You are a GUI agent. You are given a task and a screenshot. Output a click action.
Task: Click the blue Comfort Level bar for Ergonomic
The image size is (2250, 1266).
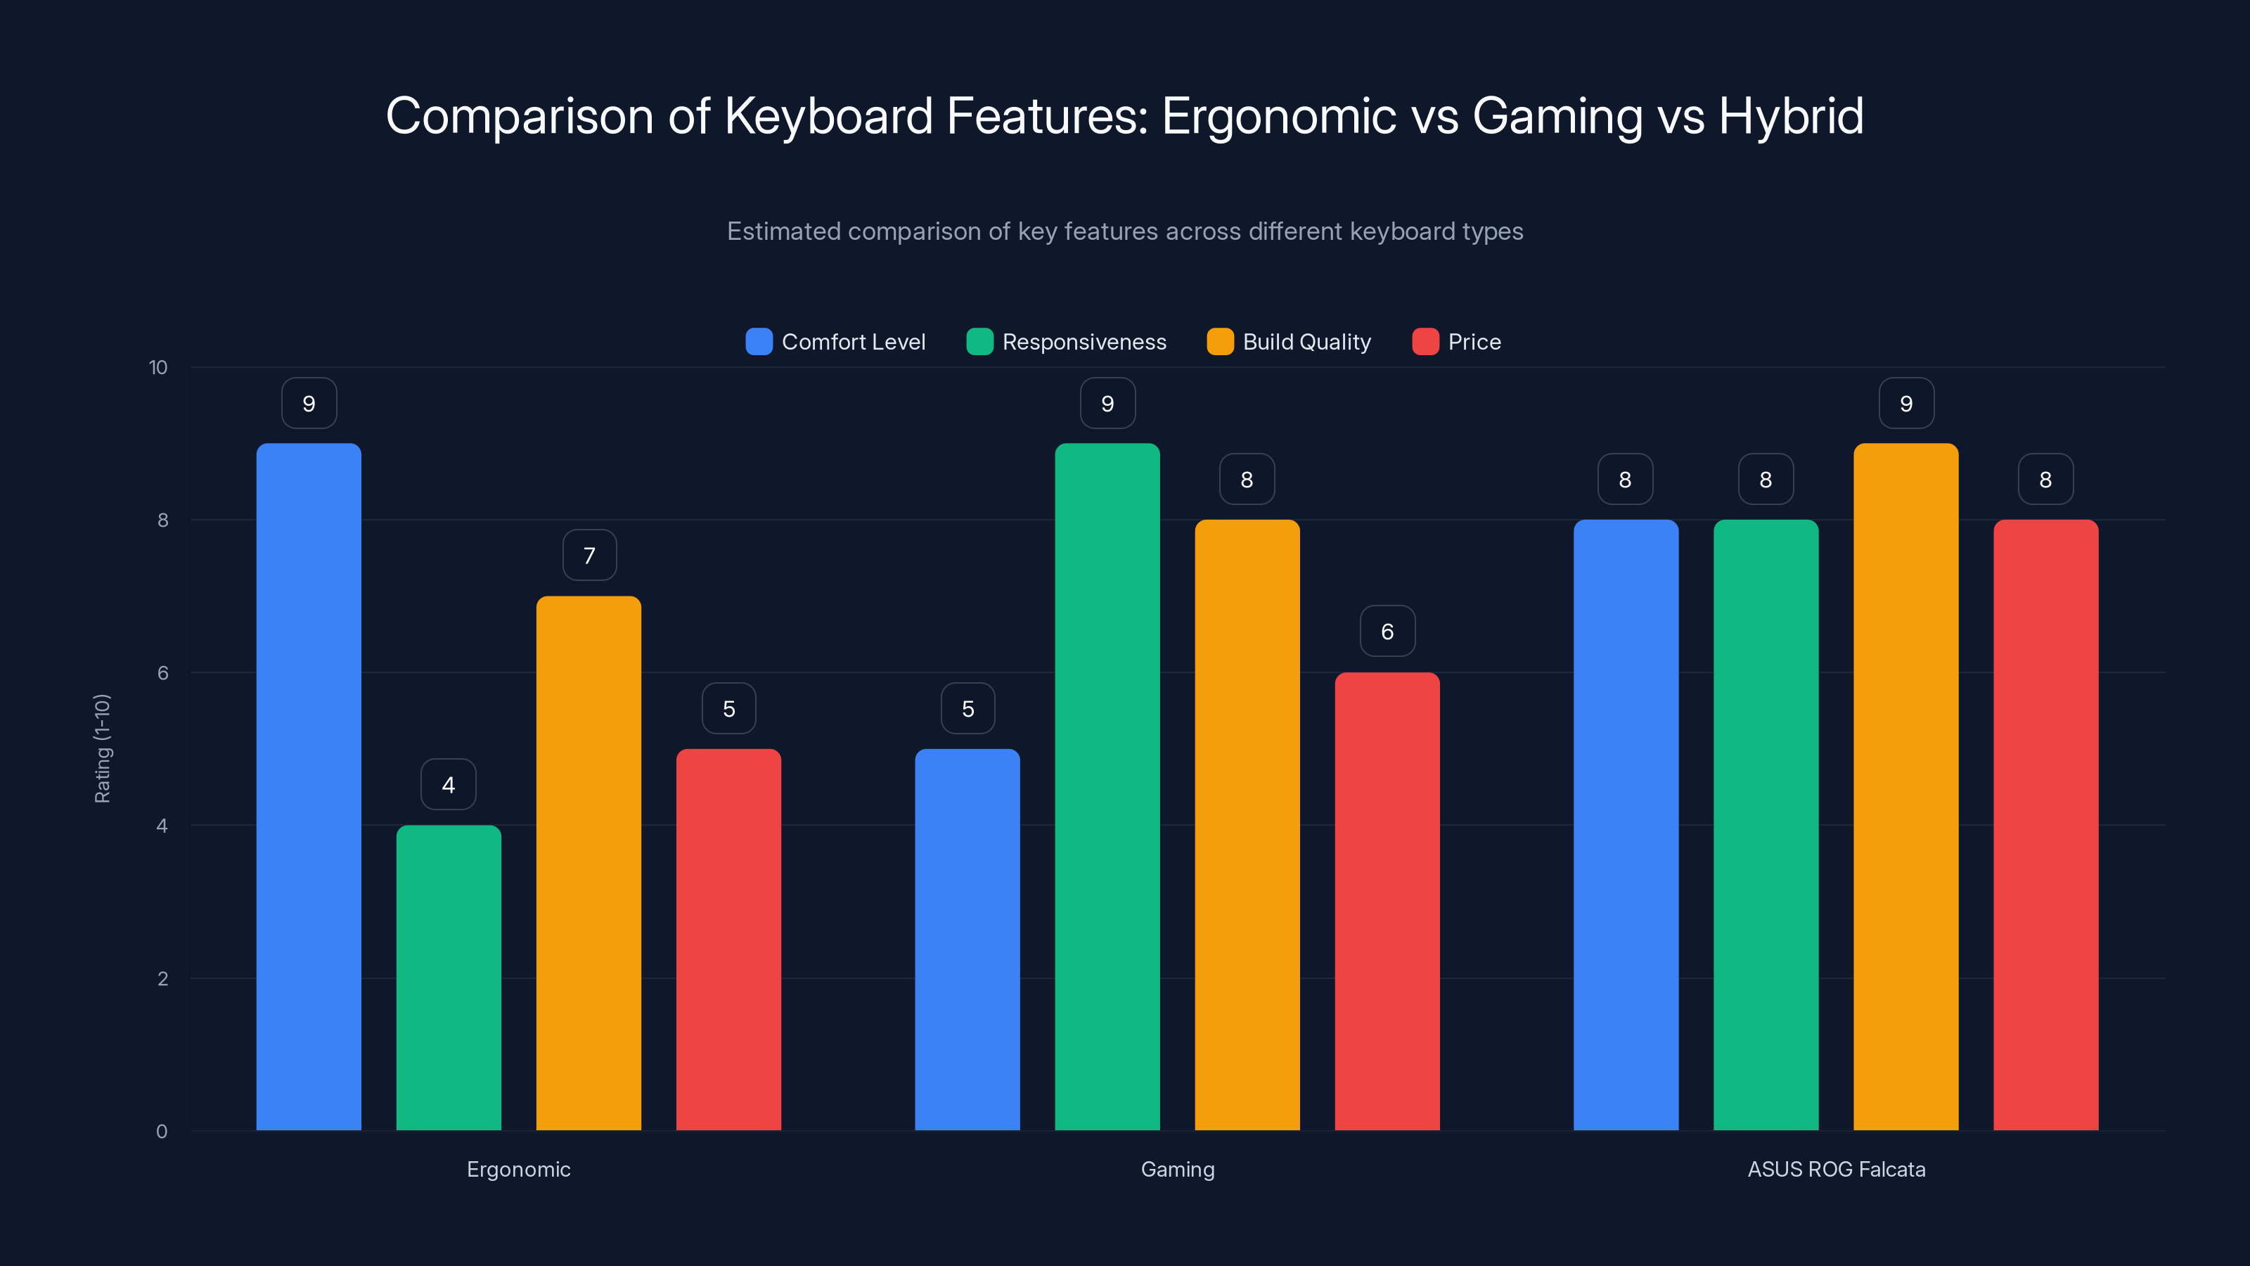pyautogui.click(x=309, y=786)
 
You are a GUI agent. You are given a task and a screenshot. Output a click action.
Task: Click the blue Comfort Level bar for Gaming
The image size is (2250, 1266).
pyautogui.click(x=967, y=939)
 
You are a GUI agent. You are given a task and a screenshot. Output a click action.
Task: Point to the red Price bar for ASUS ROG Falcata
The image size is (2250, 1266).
pyautogui.click(x=2045, y=825)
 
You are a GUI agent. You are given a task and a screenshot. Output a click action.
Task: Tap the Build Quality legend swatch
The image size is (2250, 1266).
pyautogui.click(x=1219, y=342)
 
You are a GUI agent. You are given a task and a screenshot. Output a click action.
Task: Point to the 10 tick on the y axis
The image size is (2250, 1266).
pyautogui.click(x=158, y=367)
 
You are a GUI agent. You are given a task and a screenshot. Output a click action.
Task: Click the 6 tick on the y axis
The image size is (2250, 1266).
pyautogui.click(x=162, y=673)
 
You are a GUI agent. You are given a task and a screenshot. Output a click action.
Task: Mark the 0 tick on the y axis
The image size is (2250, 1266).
pyautogui.click(x=162, y=1132)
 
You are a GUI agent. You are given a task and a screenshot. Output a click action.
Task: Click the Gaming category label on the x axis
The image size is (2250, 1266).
pyautogui.click(x=1178, y=1169)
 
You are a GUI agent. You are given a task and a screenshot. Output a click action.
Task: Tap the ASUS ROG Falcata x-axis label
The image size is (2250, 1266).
pyautogui.click(x=1836, y=1169)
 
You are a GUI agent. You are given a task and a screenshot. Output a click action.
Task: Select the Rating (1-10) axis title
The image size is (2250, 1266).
pyautogui.click(x=102, y=749)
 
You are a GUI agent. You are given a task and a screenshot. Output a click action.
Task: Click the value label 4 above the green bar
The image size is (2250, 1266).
pyautogui.click(x=448, y=785)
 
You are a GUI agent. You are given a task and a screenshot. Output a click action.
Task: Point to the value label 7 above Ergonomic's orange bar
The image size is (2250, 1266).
pyautogui.click(x=589, y=556)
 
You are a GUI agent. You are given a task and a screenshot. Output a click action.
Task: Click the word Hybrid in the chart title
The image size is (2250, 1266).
pyautogui.click(x=1791, y=116)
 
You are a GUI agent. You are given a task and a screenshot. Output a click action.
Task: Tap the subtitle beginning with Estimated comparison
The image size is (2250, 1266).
pyautogui.click(x=1125, y=231)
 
